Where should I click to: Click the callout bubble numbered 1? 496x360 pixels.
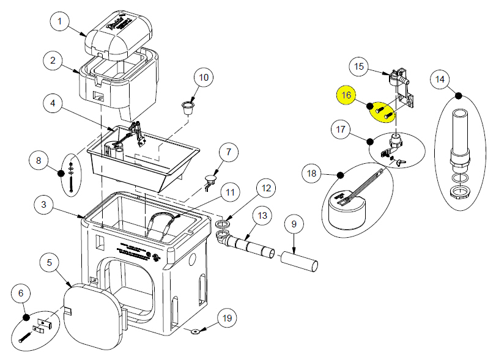59,23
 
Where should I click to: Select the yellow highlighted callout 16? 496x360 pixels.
347,95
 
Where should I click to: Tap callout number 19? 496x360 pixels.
227,318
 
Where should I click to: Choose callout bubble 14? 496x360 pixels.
440,79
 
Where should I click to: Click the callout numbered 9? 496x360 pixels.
294,225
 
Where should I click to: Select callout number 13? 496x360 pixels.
262,216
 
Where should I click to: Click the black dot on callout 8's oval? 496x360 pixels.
61,173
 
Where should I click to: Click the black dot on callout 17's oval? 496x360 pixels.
370,142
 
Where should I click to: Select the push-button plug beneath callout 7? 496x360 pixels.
211,181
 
